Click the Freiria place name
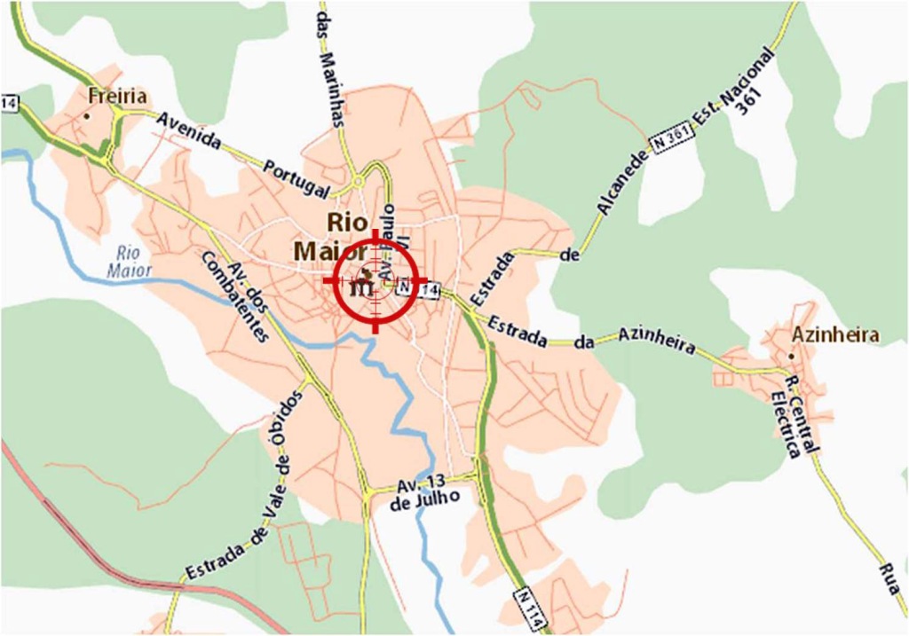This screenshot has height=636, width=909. tap(118, 96)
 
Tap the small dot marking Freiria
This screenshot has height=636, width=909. tap(87, 115)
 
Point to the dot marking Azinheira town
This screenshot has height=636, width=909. tap(792, 356)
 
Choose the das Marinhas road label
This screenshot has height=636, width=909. tap(329, 70)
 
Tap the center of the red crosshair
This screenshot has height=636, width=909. tap(375, 281)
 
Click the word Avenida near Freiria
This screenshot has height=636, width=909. tap(189, 130)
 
